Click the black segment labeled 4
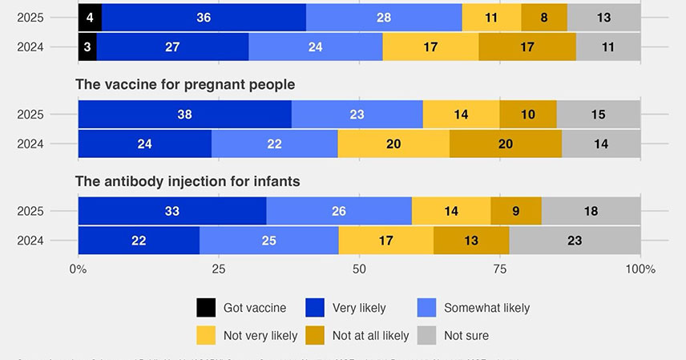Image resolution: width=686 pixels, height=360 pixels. pyautogui.click(x=90, y=18)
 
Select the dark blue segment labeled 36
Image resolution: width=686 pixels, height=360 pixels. pyautogui.click(x=204, y=18)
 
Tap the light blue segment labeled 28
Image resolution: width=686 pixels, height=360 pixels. pyautogui.click(x=384, y=18)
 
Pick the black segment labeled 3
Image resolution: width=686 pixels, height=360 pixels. pyautogui.click(x=87, y=47)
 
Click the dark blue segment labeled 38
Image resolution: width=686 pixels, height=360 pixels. pyautogui.click(x=185, y=115)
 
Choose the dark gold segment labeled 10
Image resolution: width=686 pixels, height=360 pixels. pyautogui.click(x=527, y=115)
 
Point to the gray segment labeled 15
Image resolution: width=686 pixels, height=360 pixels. pyautogui.click(x=598, y=115)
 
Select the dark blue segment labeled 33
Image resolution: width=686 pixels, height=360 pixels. pyautogui.click(x=172, y=212)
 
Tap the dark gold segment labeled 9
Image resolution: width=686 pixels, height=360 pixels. pyautogui.click(x=516, y=212)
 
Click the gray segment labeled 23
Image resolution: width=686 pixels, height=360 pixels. pyautogui.click(x=575, y=241)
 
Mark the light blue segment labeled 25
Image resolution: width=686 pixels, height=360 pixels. pyautogui.click(x=268, y=241)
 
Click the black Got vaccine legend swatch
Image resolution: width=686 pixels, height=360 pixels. pyautogui.click(x=206, y=308)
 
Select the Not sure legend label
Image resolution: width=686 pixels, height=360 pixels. pyautogui.click(x=466, y=335)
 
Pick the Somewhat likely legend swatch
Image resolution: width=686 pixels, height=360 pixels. pyautogui.click(x=428, y=308)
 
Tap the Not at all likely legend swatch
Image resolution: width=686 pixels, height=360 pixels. pyautogui.click(x=316, y=335)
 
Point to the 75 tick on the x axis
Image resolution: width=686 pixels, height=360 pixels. pyautogui.click(x=500, y=269)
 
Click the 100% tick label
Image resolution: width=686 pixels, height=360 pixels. pyautogui.click(x=640, y=269)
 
